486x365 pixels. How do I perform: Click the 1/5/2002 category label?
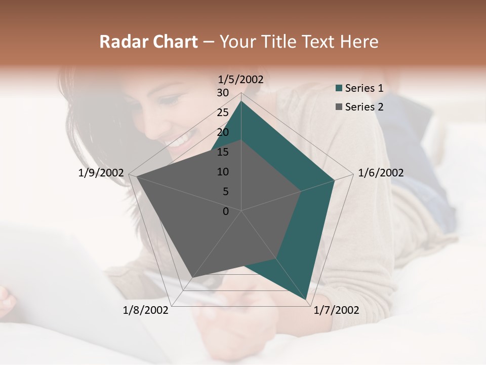[x=241, y=79]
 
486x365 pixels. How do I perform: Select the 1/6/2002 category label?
[x=381, y=173]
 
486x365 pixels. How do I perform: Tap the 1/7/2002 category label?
[x=336, y=310]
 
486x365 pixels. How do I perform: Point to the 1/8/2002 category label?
[x=146, y=310]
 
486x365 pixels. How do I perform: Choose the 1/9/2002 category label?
[x=101, y=173]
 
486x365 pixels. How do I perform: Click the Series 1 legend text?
[x=364, y=88]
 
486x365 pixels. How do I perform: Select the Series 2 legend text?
[x=364, y=107]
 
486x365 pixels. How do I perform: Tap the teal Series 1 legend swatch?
[x=339, y=89]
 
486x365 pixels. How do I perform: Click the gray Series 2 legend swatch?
[x=339, y=107]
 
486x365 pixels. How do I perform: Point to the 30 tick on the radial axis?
[x=223, y=93]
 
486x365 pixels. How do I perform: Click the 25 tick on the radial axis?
[x=223, y=113]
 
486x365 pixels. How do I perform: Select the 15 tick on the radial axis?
[x=223, y=152]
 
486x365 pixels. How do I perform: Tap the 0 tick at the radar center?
[x=226, y=211]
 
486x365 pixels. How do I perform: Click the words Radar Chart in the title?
[x=148, y=42]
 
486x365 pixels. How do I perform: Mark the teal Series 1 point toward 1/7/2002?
[x=306, y=300]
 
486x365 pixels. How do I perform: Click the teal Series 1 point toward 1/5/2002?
[x=241, y=101]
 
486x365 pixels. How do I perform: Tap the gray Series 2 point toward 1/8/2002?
[x=192, y=277]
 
